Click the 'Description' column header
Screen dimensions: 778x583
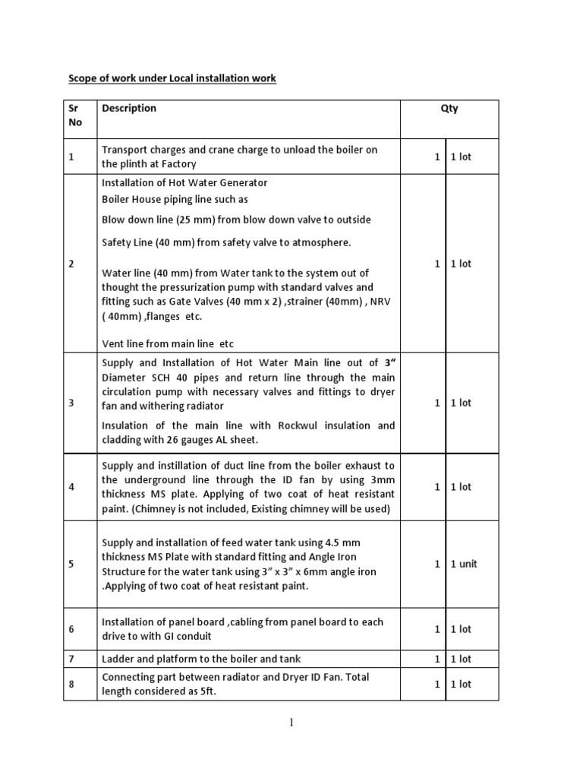pos(129,109)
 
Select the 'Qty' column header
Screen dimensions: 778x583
pos(449,109)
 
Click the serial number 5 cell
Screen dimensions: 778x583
pos(71,564)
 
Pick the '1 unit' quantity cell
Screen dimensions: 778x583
pos(464,564)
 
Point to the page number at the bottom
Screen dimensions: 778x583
pos(291,722)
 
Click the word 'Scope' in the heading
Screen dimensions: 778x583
pos(83,78)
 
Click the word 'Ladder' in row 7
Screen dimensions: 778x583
pos(117,659)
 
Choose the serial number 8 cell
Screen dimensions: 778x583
pos(71,684)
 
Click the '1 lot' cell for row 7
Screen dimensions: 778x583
pos(461,659)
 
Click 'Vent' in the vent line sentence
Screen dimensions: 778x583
pos(113,343)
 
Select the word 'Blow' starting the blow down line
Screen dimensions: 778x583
pos(115,220)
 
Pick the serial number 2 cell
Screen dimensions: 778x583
pos(71,264)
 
